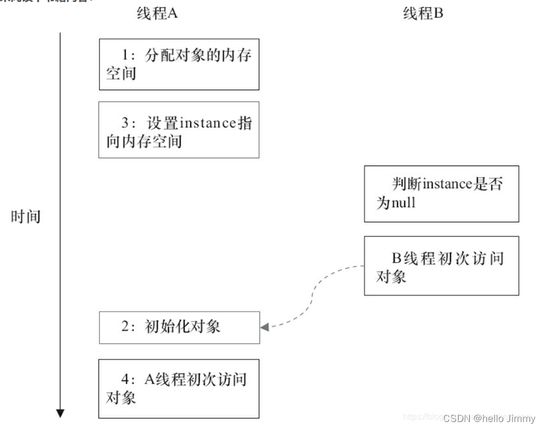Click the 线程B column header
click(422, 14)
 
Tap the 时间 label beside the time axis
click(26, 217)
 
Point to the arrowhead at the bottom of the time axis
click(60, 413)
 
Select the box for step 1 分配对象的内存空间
click(179, 64)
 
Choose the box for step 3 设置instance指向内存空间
click(179, 130)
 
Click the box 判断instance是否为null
click(441, 193)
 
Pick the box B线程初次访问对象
click(441, 265)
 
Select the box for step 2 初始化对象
click(179, 327)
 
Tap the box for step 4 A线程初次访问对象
click(179, 389)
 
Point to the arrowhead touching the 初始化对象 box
click(264, 327)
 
